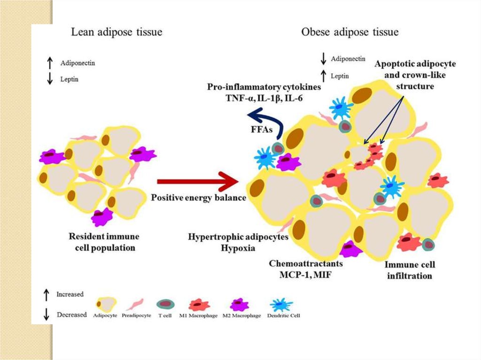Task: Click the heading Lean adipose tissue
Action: tap(116, 32)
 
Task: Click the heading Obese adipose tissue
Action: tap(349, 32)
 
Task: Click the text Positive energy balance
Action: tap(198, 198)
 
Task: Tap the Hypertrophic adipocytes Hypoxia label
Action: tap(238, 242)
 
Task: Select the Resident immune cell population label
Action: tap(104, 241)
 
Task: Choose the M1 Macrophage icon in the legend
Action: tap(198, 305)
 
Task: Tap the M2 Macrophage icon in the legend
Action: tap(238, 305)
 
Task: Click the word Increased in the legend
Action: tap(70, 294)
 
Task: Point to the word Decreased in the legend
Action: tap(71, 314)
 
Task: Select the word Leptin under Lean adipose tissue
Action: tap(70, 79)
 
